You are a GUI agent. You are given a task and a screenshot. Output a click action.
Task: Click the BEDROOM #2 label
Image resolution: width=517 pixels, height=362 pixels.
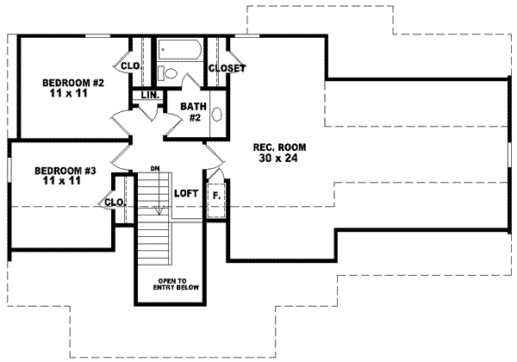pos(73,84)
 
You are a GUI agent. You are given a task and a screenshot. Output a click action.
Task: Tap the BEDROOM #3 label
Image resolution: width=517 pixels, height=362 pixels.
pos(65,170)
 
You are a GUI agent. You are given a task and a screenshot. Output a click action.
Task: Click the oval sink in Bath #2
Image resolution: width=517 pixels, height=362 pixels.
pos(216,115)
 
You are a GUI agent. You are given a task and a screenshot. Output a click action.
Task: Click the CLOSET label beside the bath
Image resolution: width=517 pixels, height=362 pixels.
pos(227,68)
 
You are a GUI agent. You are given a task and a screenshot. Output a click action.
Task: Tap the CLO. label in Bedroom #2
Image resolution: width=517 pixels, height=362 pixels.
pos(131,66)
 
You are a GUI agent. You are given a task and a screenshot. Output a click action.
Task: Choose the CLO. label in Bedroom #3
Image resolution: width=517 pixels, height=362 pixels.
pos(115,203)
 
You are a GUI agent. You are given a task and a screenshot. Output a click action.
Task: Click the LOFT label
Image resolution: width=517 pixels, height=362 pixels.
pos(187,194)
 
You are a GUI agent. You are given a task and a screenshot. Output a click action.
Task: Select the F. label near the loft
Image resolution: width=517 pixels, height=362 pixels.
pos(217,196)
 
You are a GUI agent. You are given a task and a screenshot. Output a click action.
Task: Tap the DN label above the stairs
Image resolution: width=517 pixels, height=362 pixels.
pos(155,168)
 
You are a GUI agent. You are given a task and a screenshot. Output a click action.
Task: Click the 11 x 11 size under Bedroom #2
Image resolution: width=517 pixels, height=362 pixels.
pos(73,95)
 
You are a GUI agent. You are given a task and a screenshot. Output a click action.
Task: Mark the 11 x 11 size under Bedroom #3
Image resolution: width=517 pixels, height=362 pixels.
pos(65,181)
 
